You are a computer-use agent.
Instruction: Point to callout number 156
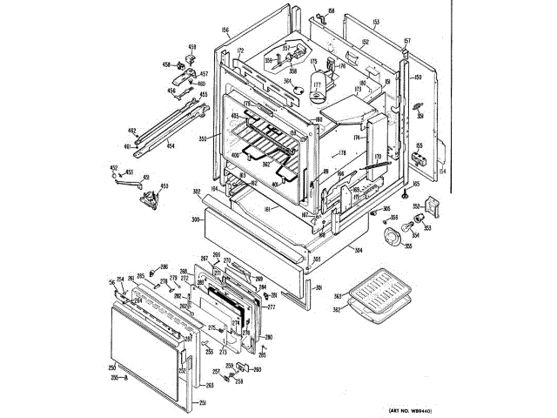tap(225, 30)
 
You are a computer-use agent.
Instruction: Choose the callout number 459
tap(192, 46)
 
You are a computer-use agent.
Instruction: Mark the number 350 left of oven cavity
tap(202, 139)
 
